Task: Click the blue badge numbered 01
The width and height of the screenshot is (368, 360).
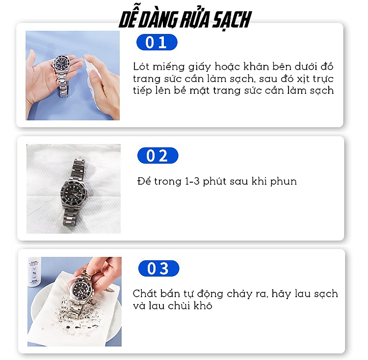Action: point(157,42)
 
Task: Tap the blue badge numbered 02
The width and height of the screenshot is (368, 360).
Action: point(158,156)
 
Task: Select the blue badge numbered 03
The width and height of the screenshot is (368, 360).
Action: point(158,268)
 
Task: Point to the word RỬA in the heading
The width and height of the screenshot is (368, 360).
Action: point(194,19)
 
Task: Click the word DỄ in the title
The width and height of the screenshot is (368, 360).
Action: point(128,19)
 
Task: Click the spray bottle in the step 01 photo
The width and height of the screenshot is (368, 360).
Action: point(93,82)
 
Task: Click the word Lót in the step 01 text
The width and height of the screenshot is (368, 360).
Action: point(141,66)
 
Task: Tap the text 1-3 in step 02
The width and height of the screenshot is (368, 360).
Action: point(192,181)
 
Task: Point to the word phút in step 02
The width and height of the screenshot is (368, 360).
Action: point(214,182)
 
